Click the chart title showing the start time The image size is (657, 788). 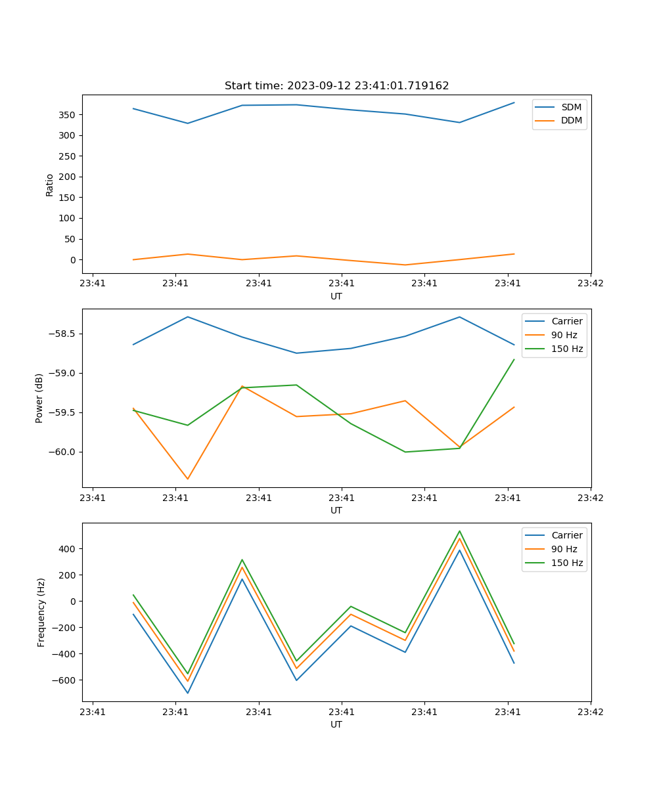[336, 86]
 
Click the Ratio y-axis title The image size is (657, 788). [50, 185]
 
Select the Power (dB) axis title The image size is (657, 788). [40, 398]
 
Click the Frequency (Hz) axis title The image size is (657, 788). [41, 612]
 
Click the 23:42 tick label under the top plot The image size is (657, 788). [590, 284]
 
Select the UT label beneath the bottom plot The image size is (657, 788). [336, 724]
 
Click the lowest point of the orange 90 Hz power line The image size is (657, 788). [188, 479]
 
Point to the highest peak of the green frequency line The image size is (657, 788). [459, 531]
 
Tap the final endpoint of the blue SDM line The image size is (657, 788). [514, 102]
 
